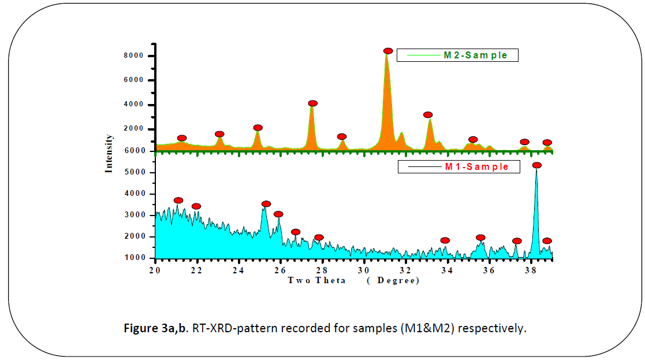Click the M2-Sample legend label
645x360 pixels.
[x=475, y=55]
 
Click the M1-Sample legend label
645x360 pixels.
[x=476, y=167]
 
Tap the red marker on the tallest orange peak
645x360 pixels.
[x=388, y=51]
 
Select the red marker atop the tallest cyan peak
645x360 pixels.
[x=537, y=165]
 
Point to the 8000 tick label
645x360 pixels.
[x=137, y=56]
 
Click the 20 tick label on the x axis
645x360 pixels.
[x=155, y=270]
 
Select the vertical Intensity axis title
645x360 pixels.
[x=109, y=154]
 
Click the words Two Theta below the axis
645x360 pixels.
[x=317, y=280]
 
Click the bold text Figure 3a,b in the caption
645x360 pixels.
[x=156, y=329]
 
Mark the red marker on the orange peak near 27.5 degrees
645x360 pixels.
[x=313, y=103]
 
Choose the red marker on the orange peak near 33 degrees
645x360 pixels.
[x=428, y=115]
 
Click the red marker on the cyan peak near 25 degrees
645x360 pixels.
[x=266, y=204]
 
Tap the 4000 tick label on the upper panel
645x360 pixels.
[x=137, y=105]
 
